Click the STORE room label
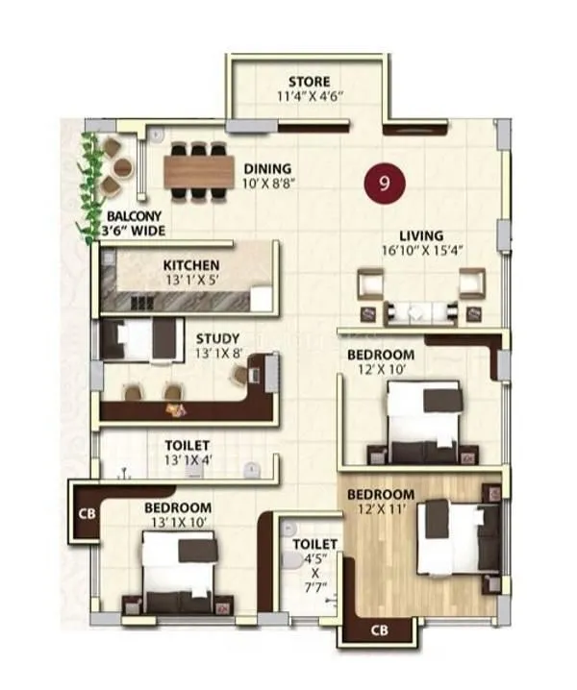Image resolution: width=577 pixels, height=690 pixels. pos(309,82)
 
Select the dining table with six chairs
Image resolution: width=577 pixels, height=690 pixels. pos(199,171)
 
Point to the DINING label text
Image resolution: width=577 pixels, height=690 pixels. pos(267,168)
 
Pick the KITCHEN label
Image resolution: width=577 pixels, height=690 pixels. pos(190,264)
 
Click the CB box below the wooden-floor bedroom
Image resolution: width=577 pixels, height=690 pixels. pos(379,630)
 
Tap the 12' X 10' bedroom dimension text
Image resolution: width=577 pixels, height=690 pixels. pos(381,368)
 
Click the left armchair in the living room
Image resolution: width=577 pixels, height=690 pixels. pos(372,286)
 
